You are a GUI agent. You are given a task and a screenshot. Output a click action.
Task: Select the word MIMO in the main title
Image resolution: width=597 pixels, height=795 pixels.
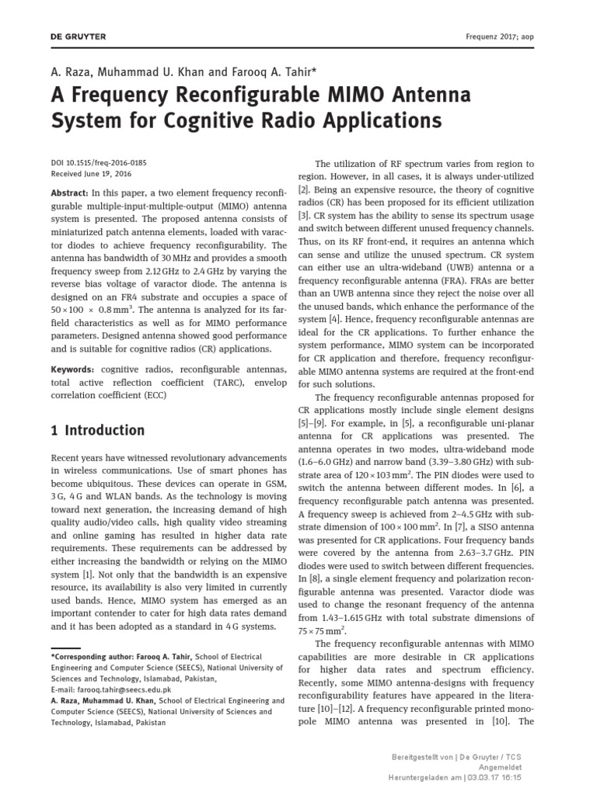pos(351,96)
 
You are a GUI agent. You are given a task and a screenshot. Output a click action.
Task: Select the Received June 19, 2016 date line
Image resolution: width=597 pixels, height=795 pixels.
pos(91,174)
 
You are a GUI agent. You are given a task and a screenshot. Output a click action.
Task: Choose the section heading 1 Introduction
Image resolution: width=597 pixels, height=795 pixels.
pos(97,430)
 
